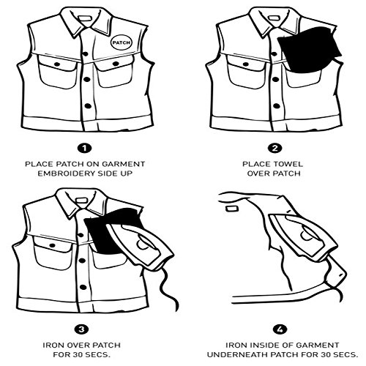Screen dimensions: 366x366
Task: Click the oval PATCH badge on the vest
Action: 122,42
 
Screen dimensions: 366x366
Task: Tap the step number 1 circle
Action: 84,148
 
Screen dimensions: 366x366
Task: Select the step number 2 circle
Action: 275,148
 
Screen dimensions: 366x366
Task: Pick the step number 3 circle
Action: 81,329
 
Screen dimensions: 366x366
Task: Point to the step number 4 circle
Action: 280,329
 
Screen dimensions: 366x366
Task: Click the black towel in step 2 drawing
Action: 309,51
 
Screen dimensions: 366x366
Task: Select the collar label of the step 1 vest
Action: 86,18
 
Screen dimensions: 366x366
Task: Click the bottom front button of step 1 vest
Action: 88,106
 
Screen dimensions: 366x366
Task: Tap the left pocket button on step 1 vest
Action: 57,64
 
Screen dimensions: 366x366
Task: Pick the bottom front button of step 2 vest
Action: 277,106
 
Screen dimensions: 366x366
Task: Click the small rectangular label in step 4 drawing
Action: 232,209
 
